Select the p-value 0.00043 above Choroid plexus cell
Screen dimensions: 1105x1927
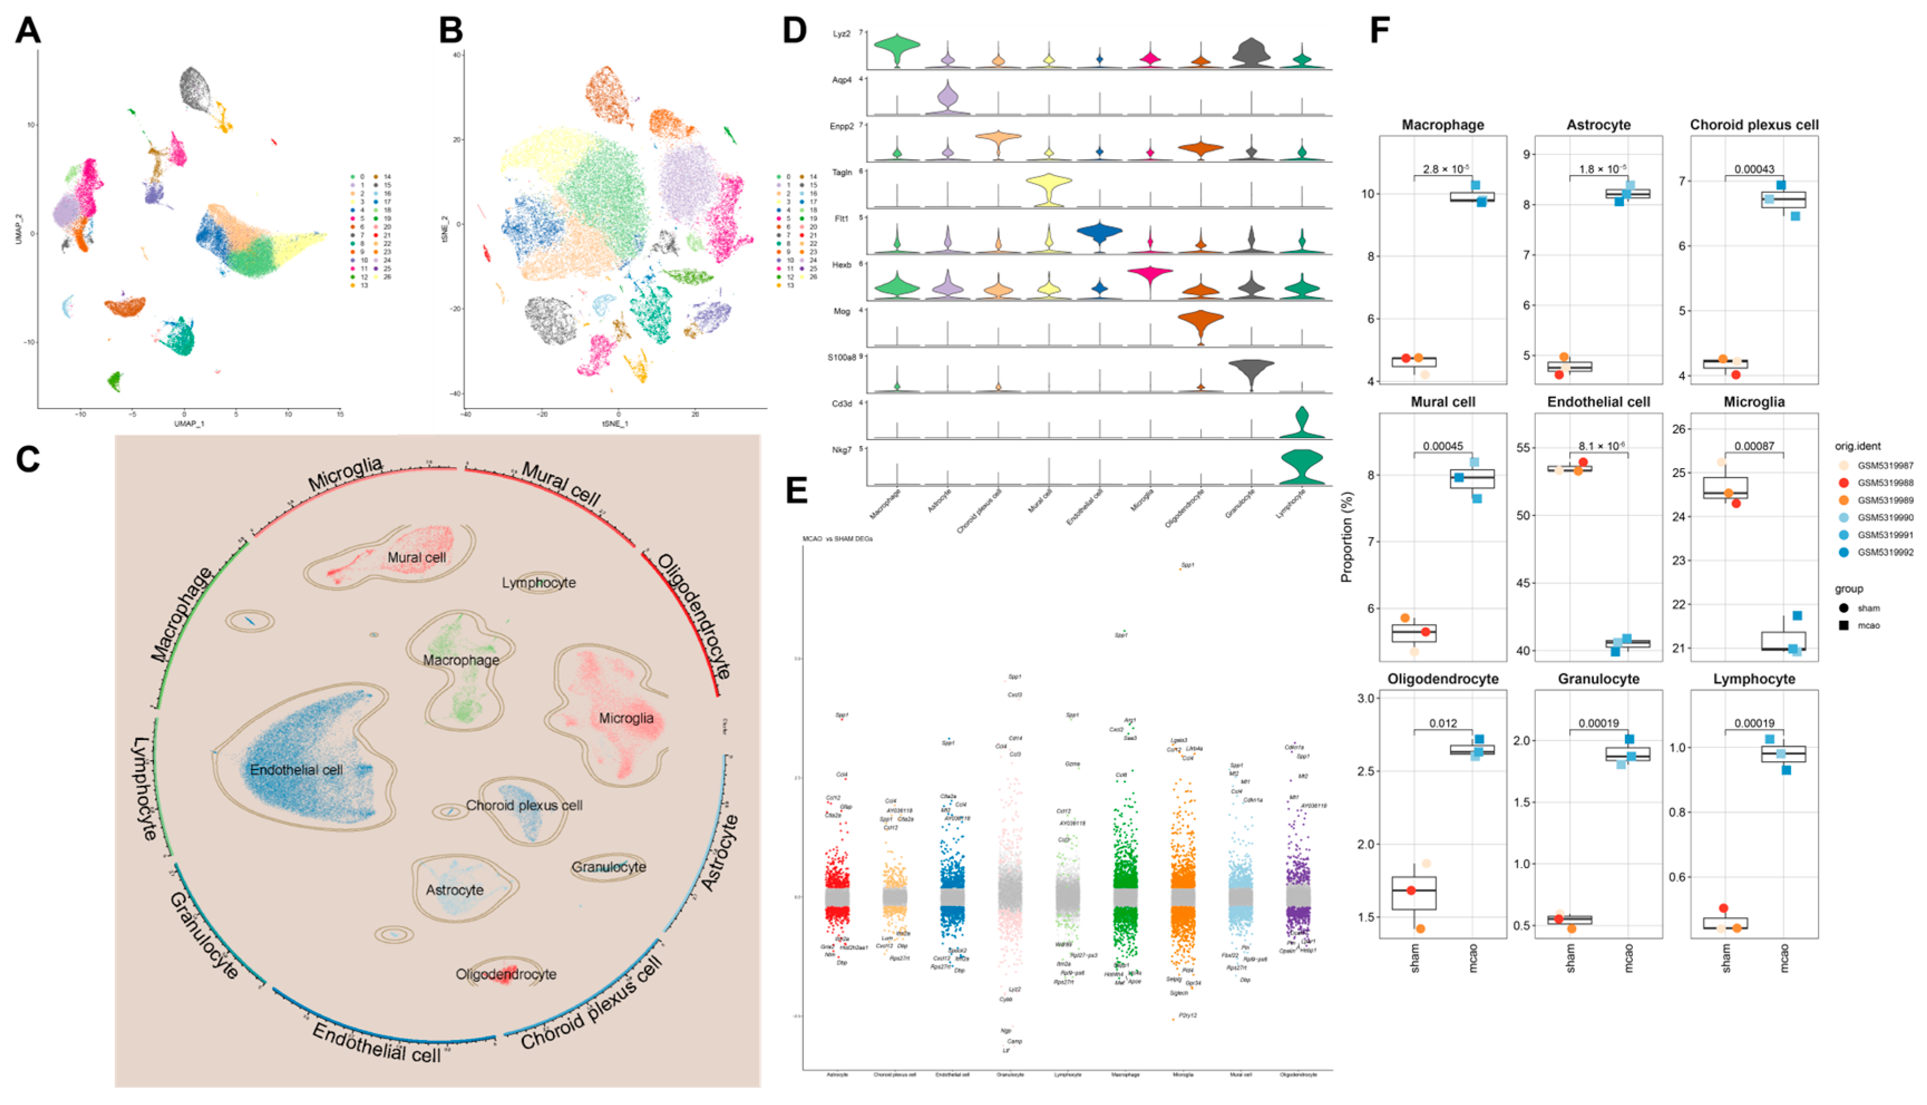pyautogui.click(x=1754, y=169)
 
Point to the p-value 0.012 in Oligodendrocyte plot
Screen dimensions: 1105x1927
pyautogui.click(x=1442, y=723)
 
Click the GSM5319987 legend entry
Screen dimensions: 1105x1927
pyautogui.click(x=1885, y=465)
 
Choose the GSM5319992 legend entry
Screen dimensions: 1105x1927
pyautogui.click(x=1885, y=553)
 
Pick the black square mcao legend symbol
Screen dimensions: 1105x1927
pyautogui.click(x=1843, y=625)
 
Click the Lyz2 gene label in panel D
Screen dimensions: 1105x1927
pyautogui.click(x=841, y=34)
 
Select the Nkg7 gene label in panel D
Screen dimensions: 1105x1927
pyautogui.click(x=841, y=450)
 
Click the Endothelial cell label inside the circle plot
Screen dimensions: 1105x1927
pyautogui.click(x=296, y=770)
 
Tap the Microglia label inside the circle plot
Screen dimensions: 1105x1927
pyautogui.click(x=626, y=718)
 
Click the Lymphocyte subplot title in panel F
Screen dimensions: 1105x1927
pyautogui.click(x=1754, y=679)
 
